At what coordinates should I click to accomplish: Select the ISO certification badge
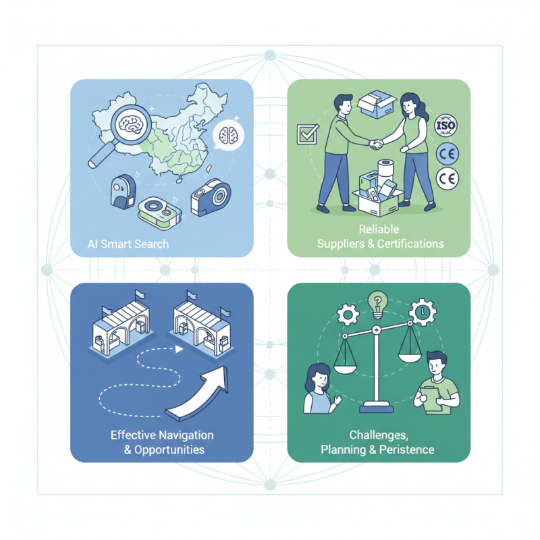pos(446,126)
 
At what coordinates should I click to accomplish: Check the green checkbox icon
pos(306,134)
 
